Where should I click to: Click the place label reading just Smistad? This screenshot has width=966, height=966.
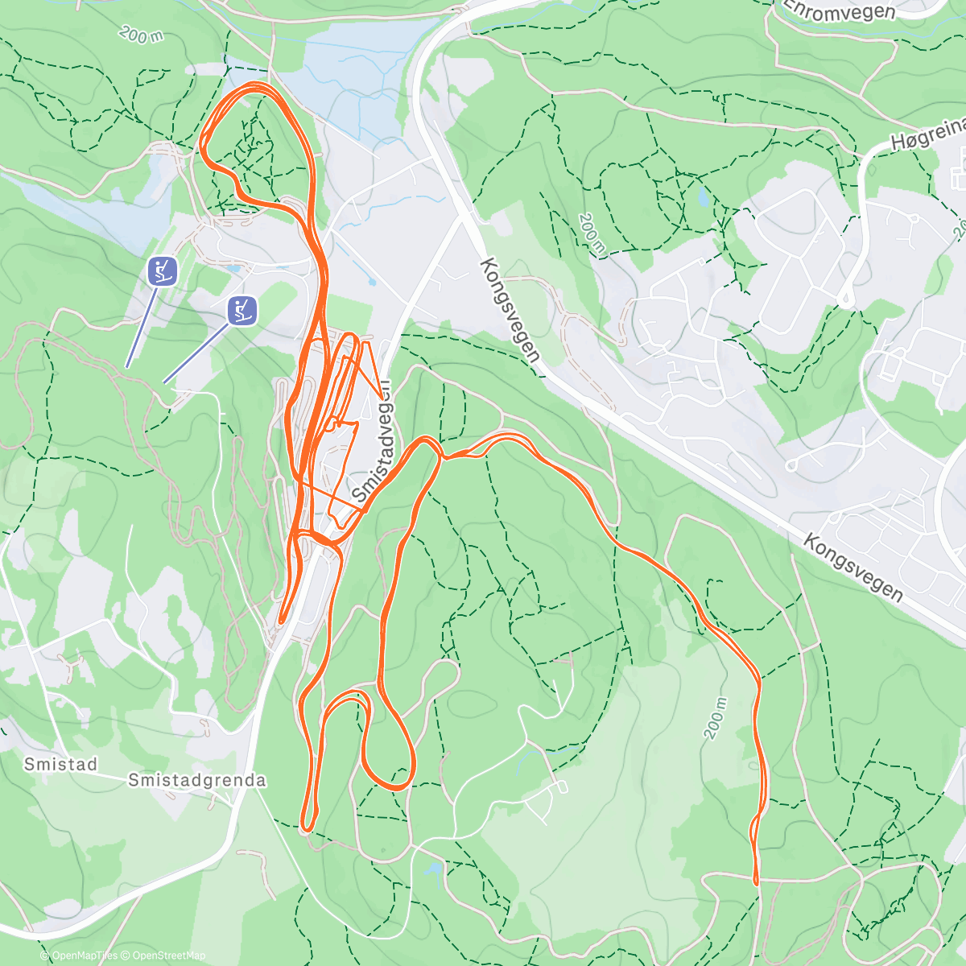[x=60, y=764]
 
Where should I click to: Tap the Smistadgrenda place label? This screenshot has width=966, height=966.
[x=197, y=780]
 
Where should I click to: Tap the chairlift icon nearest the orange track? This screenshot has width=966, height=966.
[x=242, y=310]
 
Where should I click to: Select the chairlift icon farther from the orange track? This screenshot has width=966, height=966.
[x=163, y=270]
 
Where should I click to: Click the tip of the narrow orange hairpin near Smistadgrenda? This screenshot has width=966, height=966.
[x=308, y=828]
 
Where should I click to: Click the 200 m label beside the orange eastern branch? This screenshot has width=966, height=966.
[x=716, y=717]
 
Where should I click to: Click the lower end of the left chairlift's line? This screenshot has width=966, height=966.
[x=127, y=367]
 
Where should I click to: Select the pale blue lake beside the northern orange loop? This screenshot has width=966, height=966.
[x=354, y=72]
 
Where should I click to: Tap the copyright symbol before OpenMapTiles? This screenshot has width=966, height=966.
[x=43, y=956]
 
